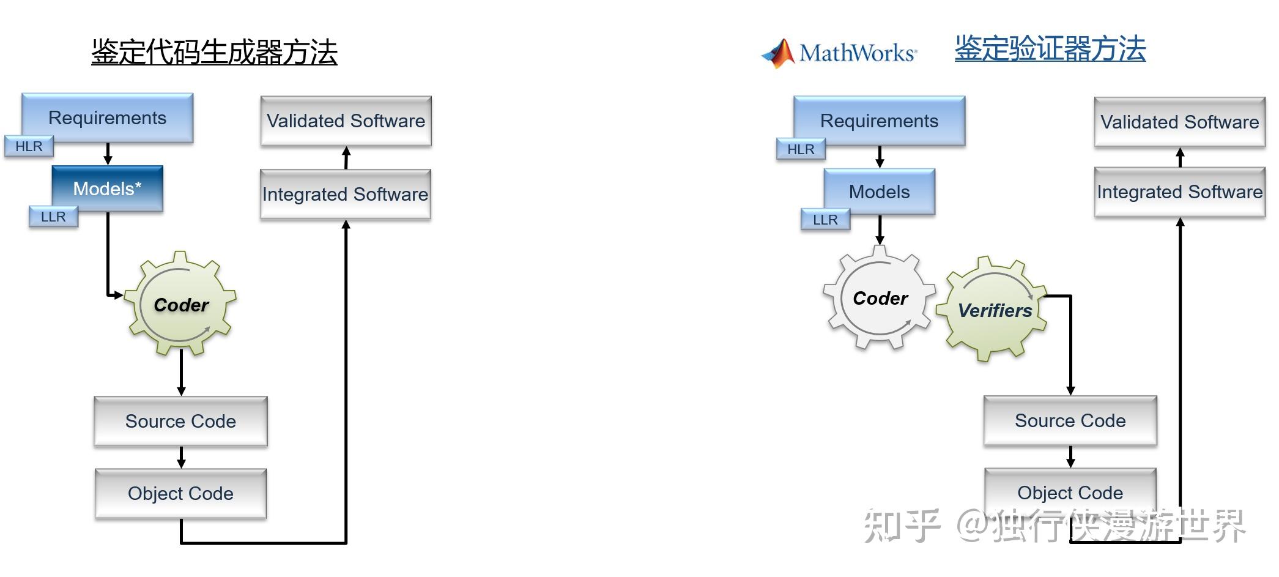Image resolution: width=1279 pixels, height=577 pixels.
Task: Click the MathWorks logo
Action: tap(839, 53)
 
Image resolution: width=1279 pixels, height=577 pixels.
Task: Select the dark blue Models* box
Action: tap(108, 188)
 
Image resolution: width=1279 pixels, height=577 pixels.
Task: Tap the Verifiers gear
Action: tap(993, 309)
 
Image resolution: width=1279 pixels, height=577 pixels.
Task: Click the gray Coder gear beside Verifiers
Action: tap(880, 298)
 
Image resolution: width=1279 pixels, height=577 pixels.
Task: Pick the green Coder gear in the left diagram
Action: tap(180, 304)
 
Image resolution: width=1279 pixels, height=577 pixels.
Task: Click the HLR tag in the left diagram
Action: tap(29, 147)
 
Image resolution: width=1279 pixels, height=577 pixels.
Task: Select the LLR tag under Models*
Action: tap(53, 217)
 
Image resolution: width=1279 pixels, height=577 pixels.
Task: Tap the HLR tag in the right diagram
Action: tap(801, 149)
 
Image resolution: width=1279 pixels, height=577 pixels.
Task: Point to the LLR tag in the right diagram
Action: tap(825, 220)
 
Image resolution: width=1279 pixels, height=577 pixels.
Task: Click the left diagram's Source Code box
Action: tap(180, 421)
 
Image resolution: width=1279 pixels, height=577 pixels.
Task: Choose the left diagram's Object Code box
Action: tap(180, 493)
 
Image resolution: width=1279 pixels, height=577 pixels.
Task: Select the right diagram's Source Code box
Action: tap(1070, 420)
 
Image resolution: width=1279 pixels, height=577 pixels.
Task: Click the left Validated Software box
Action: tap(346, 121)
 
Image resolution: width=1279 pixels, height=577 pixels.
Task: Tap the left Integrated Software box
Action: tap(346, 194)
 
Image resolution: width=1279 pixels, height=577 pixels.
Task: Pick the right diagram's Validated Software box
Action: tap(1179, 122)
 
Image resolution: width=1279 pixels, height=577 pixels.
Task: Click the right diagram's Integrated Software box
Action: tap(1179, 192)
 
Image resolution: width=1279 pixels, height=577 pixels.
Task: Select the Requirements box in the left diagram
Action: tap(108, 117)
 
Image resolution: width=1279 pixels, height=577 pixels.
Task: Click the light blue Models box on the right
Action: tap(879, 192)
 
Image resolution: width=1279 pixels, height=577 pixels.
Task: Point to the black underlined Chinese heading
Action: tap(214, 52)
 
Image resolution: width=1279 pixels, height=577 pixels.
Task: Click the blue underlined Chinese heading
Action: tap(1050, 49)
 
